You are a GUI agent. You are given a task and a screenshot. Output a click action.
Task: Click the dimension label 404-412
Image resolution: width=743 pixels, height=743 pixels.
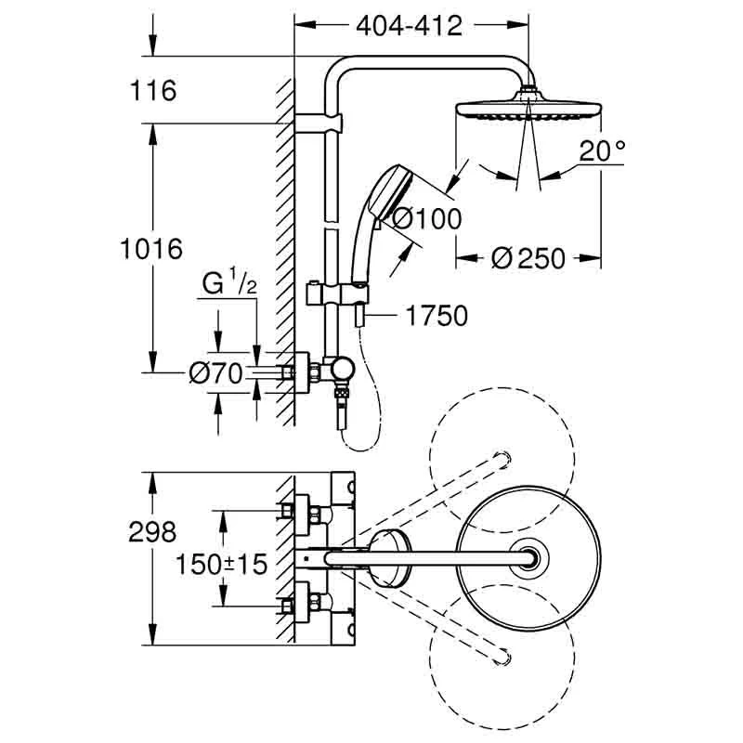coord(409,26)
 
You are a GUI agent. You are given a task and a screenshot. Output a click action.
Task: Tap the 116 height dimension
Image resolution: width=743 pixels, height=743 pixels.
coord(154,91)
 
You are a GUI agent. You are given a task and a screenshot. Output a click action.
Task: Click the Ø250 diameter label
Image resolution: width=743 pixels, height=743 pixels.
coord(528,258)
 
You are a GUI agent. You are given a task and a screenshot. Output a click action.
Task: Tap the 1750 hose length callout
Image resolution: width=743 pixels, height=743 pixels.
coord(436,316)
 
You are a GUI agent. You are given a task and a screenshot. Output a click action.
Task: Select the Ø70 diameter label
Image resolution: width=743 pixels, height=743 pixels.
coord(215,373)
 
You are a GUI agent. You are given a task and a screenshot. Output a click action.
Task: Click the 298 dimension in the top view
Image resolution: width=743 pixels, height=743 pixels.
coord(154,531)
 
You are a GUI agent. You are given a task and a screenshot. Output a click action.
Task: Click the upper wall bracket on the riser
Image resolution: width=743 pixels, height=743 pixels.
coord(320,123)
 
